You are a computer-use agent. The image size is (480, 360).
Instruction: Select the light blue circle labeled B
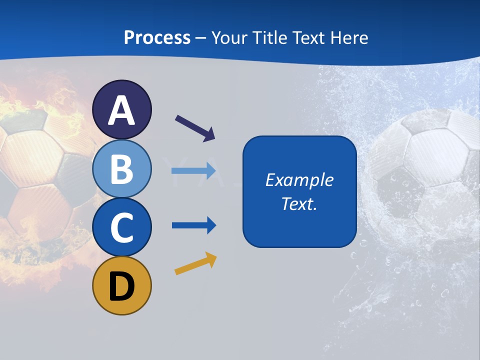pyautogui.click(x=121, y=169)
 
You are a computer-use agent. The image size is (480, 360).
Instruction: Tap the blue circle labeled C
pyautogui.click(x=121, y=227)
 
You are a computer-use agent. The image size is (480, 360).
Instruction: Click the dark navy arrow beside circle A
pyautogui.click(x=195, y=128)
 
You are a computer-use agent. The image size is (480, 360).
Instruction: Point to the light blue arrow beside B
pyautogui.click(x=193, y=171)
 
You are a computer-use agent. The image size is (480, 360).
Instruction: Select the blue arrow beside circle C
pyautogui.click(x=194, y=225)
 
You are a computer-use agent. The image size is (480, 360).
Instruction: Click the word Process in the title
pyautogui.click(x=157, y=38)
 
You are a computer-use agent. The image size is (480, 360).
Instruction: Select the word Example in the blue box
pyautogui.click(x=299, y=180)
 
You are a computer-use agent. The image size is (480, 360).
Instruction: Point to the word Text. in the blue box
pyautogui.click(x=299, y=204)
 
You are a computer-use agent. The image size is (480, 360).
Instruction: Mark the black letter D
pyautogui.click(x=121, y=287)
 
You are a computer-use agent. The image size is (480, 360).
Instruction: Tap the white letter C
pyautogui.click(x=121, y=227)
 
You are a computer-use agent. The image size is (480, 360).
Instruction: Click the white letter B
pyautogui.click(x=121, y=169)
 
